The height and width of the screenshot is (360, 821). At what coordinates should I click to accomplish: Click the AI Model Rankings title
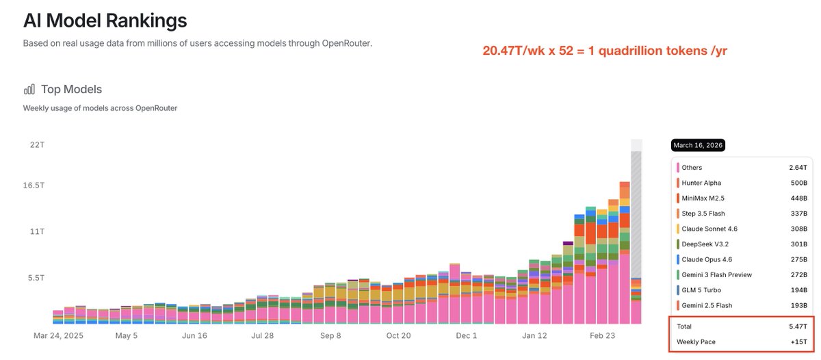(x=105, y=21)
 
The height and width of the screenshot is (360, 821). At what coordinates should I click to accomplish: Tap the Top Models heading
(x=71, y=89)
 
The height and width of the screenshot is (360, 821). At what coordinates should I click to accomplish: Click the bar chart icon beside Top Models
(x=29, y=90)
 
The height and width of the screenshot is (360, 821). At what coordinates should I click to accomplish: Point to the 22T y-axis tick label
(x=37, y=145)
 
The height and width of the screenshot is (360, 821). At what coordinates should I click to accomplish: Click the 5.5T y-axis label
(x=36, y=278)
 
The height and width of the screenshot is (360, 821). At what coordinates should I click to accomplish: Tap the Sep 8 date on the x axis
(x=330, y=336)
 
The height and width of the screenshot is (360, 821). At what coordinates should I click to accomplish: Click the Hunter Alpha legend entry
(x=701, y=183)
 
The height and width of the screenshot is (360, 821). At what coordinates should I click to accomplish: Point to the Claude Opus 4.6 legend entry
(x=707, y=259)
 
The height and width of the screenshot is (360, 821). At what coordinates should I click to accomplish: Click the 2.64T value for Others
(x=798, y=168)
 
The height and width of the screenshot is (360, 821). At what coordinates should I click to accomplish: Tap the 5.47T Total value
(x=798, y=327)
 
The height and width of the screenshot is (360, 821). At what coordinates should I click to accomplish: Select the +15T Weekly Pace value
(x=798, y=342)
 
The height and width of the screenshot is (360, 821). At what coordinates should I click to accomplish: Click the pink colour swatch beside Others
(x=677, y=168)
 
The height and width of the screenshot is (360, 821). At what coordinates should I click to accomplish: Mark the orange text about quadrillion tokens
(x=609, y=51)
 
